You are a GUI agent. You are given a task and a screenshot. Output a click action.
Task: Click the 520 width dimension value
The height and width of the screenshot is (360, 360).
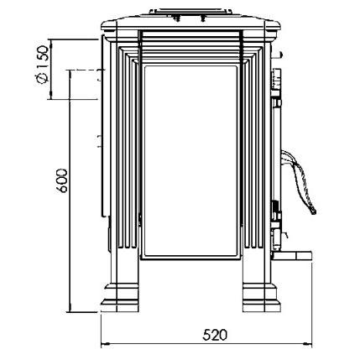click(215, 335)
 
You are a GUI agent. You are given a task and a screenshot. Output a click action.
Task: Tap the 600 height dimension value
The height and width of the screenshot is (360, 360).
click(62, 180)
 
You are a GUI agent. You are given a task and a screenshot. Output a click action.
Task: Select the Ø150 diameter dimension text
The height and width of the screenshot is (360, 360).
click(43, 65)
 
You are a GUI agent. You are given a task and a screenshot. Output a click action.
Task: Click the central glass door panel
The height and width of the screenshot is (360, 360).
click(190, 160)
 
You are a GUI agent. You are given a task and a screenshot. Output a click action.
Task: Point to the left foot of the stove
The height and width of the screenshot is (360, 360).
click(121, 297)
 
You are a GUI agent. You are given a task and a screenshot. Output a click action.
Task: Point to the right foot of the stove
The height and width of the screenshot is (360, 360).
click(262, 297)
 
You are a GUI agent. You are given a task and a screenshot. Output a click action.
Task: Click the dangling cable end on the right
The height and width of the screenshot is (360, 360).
click(313, 211)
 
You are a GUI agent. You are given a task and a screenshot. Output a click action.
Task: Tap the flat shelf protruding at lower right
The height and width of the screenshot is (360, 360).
click(292, 256)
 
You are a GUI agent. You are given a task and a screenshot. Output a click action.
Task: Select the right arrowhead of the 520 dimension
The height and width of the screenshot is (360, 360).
click(308, 343)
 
